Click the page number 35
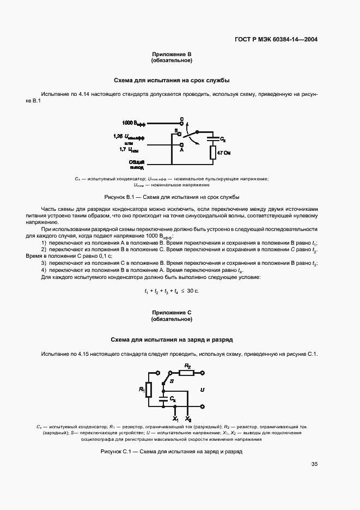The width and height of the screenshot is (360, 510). point(314,464)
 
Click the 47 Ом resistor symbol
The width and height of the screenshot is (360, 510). point(213,153)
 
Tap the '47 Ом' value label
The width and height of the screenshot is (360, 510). point(224,154)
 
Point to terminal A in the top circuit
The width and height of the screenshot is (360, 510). point(181,145)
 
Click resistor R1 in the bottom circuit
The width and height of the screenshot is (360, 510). point(148,390)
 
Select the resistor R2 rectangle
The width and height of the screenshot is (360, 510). point(187,373)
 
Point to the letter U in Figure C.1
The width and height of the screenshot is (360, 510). point(202,390)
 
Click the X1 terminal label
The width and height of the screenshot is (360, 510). point(175,419)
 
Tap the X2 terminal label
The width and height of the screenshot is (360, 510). point(188,419)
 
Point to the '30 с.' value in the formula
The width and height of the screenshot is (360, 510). point(193,292)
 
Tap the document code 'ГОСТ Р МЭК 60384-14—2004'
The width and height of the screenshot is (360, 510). point(276,40)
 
